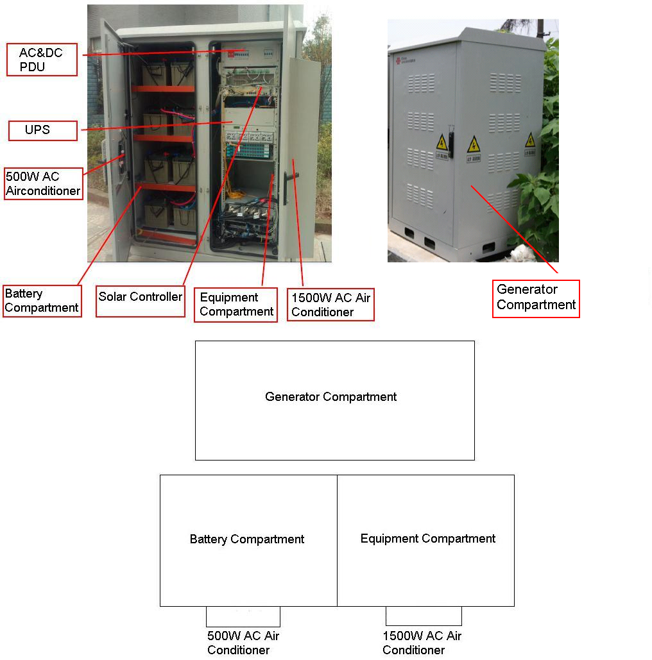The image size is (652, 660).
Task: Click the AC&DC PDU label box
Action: click(x=42, y=60)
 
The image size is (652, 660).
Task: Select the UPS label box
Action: click(x=42, y=130)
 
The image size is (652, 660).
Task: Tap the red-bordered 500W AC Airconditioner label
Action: click(x=44, y=183)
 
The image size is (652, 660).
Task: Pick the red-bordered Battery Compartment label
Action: click(x=42, y=301)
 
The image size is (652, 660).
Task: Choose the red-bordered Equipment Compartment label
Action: click(x=236, y=305)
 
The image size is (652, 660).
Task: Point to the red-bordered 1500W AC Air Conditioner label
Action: click(x=330, y=305)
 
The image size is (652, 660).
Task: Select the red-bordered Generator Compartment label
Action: click(x=536, y=298)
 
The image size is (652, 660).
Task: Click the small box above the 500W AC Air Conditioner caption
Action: click(x=243, y=616)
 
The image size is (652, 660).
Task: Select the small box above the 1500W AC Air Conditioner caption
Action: click(x=424, y=616)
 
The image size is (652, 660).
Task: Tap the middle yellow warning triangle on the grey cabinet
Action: click(x=474, y=144)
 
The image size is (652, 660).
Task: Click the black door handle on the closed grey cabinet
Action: click(x=451, y=144)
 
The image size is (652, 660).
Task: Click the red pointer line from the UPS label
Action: click(x=154, y=125)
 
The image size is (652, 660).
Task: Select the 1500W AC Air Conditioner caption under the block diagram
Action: click(x=422, y=643)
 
